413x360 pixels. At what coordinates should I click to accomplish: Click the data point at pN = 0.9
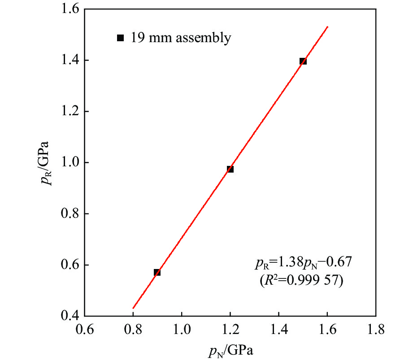pos(157,272)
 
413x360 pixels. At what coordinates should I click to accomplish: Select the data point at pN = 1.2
pos(230,169)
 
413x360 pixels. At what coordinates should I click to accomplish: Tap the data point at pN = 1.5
pos(303,61)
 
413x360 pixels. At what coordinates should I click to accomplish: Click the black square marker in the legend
pos(120,38)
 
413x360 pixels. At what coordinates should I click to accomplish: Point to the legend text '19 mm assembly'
pos(181,38)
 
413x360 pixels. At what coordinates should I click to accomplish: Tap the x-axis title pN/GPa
pos(230,350)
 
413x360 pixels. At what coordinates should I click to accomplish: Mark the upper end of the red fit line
pos(328,27)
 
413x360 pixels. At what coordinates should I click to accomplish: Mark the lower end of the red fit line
pos(133,308)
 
